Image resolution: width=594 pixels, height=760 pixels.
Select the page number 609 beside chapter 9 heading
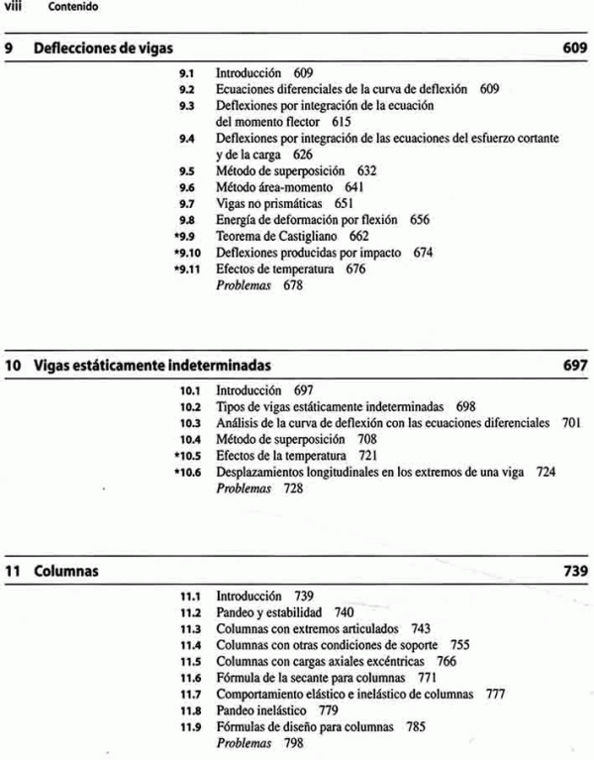click(x=575, y=50)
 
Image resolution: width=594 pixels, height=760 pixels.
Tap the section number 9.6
click(x=183, y=187)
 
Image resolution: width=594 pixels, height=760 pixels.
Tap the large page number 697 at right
click(x=575, y=367)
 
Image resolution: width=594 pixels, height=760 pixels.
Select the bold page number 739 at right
click(x=575, y=572)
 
